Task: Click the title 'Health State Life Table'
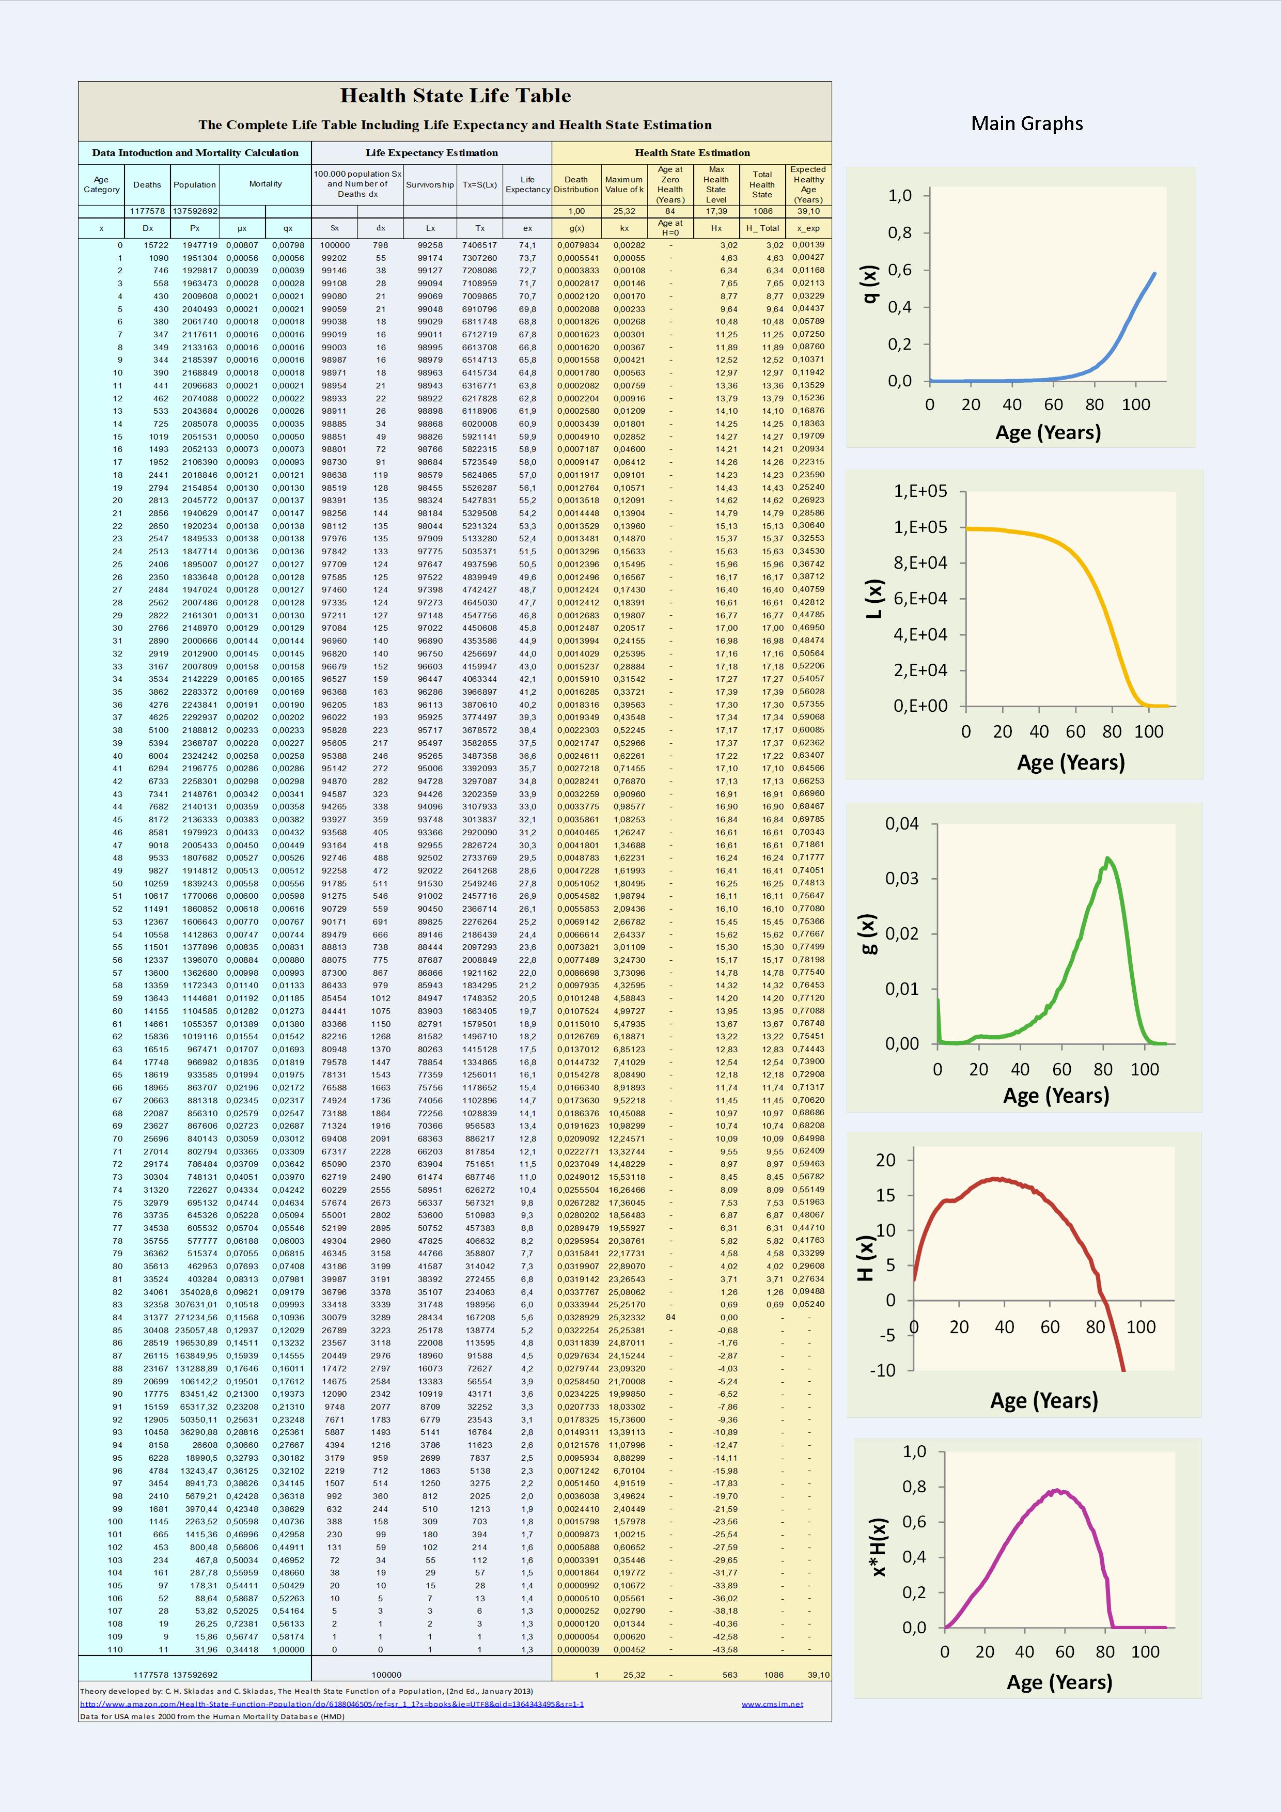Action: coord(456,96)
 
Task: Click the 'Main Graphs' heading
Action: coord(1027,124)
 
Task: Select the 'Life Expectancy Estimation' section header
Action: coord(432,153)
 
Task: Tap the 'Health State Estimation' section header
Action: coord(692,153)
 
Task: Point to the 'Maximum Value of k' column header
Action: coord(624,185)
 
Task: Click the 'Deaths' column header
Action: coord(147,185)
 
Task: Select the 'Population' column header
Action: coord(195,185)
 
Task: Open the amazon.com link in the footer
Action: coord(332,1704)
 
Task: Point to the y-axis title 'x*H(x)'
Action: coord(879,1547)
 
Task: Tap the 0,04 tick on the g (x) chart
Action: coord(902,824)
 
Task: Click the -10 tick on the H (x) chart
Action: coord(883,1370)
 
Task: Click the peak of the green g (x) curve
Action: coord(1107,858)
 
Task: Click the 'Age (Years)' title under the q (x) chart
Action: coord(1048,432)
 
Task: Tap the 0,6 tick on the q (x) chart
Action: coord(900,270)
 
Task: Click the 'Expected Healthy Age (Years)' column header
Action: coord(808,185)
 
